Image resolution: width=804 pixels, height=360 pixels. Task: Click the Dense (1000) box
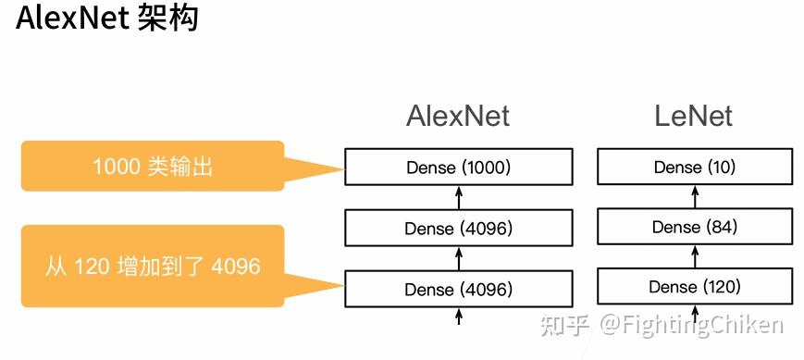pyautogui.click(x=458, y=168)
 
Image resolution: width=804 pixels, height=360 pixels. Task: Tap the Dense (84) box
pyautogui.click(x=694, y=227)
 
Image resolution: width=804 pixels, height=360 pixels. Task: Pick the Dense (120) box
pyautogui.click(x=694, y=287)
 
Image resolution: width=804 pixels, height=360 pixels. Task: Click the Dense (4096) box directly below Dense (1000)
pyautogui.click(x=458, y=228)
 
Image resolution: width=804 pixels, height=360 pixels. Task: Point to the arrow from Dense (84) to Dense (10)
pyautogui.click(x=694, y=196)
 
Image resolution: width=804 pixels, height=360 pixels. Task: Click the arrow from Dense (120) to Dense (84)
pyautogui.click(x=694, y=256)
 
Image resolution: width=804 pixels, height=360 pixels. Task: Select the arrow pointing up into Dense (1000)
pyautogui.click(x=459, y=197)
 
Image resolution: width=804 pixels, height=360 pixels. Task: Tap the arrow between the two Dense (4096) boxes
pyautogui.click(x=459, y=258)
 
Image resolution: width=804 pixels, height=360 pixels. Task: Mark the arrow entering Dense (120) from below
pyautogui.click(x=694, y=315)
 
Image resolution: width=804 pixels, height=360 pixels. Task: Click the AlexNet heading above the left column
pyautogui.click(x=457, y=116)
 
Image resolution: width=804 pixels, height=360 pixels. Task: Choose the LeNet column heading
pyautogui.click(x=693, y=116)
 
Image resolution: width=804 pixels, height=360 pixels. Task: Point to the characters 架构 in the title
pyautogui.click(x=167, y=19)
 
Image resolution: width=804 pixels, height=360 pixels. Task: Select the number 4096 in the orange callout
pyautogui.click(x=236, y=267)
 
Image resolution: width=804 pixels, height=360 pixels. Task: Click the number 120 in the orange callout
pyautogui.click(x=90, y=267)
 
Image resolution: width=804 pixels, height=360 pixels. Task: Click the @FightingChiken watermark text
pyautogui.click(x=690, y=325)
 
